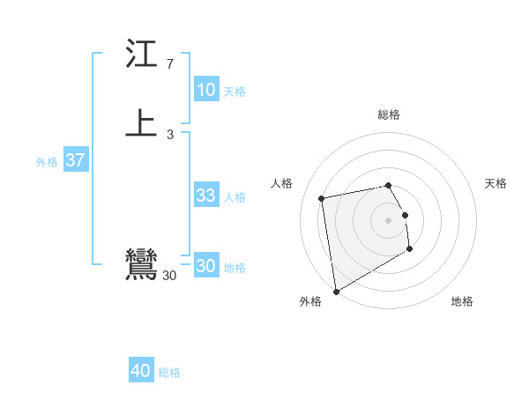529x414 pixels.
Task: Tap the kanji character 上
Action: coord(141,124)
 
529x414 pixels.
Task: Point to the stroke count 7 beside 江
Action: coord(169,64)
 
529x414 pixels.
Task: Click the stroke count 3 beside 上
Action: coord(169,134)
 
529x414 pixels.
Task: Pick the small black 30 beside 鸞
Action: coord(169,276)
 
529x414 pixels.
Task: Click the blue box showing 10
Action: coord(205,90)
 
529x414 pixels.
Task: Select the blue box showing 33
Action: coord(205,196)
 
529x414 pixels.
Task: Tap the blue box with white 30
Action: coord(205,266)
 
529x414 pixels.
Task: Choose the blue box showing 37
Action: coord(75,160)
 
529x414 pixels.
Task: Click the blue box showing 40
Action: coord(141,372)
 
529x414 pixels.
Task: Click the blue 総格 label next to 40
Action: coord(169,373)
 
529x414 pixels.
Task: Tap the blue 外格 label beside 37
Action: coord(47,161)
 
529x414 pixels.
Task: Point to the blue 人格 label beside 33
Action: coord(235,196)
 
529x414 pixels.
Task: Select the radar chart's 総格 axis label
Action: coord(388,115)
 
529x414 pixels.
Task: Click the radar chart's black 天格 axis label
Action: coord(495,183)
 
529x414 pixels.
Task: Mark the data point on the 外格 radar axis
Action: coord(336,291)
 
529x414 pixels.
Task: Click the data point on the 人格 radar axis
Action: coord(322,197)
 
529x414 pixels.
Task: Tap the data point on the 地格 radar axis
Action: coord(410,249)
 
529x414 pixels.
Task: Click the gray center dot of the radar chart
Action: coord(388,219)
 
